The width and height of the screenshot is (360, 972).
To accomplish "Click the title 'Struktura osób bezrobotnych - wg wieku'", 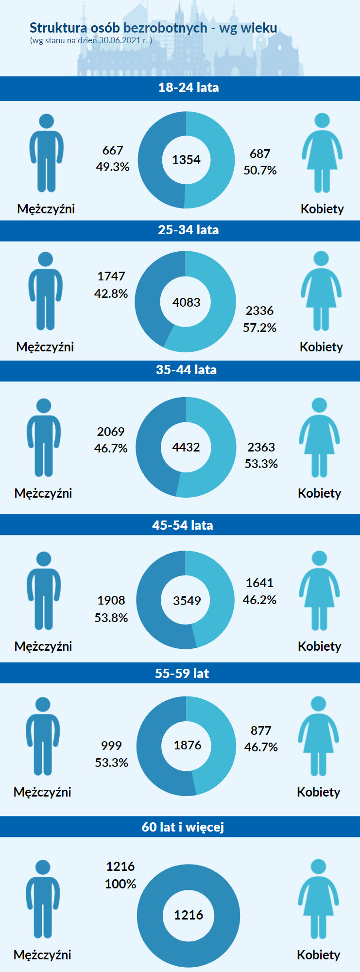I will coord(153,28).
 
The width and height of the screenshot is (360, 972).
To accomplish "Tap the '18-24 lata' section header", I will coord(189,87).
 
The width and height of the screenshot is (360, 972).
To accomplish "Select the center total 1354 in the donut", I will coord(186,160).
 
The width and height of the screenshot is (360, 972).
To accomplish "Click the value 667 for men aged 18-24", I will coord(113,151).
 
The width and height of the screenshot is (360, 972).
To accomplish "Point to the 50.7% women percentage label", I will coord(260,171).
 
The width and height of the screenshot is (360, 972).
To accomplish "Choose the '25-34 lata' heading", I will coord(189,230).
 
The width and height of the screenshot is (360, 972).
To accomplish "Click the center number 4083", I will coord(186,302).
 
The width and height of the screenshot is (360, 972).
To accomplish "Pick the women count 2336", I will coord(259,311).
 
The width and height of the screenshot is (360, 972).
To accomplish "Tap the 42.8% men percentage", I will coord(111,294).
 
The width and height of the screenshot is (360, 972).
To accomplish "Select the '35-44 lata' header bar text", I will coord(186,370).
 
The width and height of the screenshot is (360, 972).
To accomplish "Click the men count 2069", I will coord(111,432).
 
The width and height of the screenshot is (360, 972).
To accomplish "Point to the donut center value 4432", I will coord(186,447).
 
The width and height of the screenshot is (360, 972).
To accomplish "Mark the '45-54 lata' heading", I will coord(183,525).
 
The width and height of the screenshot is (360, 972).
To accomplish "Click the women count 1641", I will coord(259,583).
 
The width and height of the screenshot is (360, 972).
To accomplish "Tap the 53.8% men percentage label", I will coord(111,618).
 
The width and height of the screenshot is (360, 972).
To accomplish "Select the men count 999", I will coord(111,746).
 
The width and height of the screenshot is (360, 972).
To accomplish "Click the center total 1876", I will coord(188,745).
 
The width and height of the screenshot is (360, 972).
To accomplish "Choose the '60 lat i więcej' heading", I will coord(183,827).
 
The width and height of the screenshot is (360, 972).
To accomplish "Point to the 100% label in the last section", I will coord(120,884).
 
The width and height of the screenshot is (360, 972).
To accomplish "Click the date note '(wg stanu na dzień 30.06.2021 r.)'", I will coord(91,40).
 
